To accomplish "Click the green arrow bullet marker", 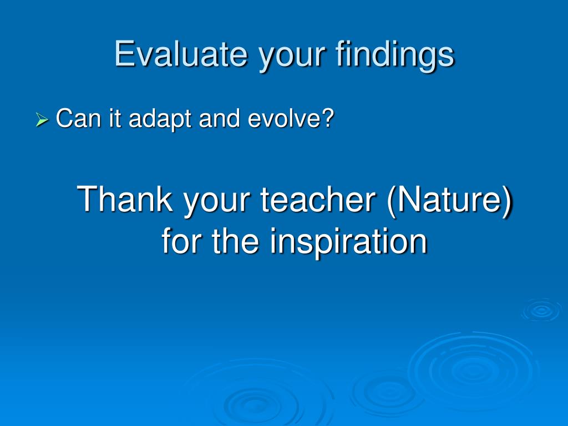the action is (x=42, y=120).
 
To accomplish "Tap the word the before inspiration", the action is (x=235, y=240).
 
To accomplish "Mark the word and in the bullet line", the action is (x=219, y=118).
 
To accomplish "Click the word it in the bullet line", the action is (x=114, y=118).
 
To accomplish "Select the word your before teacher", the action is (x=216, y=203).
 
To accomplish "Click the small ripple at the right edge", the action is (x=541, y=310).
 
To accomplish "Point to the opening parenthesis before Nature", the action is (x=391, y=201).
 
